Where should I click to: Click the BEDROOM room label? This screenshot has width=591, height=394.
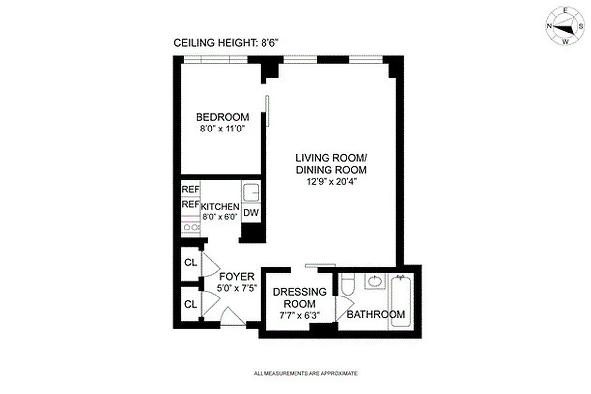pyautogui.click(x=222, y=117)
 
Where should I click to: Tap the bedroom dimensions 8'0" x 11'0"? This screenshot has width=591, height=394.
pyautogui.click(x=222, y=129)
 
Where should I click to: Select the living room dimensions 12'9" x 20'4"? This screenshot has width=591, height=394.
pyautogui.click(x=331, y=181)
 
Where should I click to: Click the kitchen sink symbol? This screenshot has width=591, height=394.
pyautogui.click(x=252, y=192)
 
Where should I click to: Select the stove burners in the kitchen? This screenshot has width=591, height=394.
pyautogui.click(x=190, y=227)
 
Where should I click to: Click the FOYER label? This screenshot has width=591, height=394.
pyautogui.click(x=236, y=276)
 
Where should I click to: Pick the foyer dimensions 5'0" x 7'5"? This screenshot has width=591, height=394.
pyautogui.click(x=236, y=287)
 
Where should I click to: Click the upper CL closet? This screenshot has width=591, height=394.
pyautogui.click(x=190, y=263)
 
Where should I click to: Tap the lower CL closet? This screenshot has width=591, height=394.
pyautogui.click(x=190, y=304)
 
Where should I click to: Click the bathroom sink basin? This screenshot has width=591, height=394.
pyautogui.click(x=376, y=282)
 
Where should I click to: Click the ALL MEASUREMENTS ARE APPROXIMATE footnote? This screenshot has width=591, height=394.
pyautogui.click(x=305, y=374)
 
